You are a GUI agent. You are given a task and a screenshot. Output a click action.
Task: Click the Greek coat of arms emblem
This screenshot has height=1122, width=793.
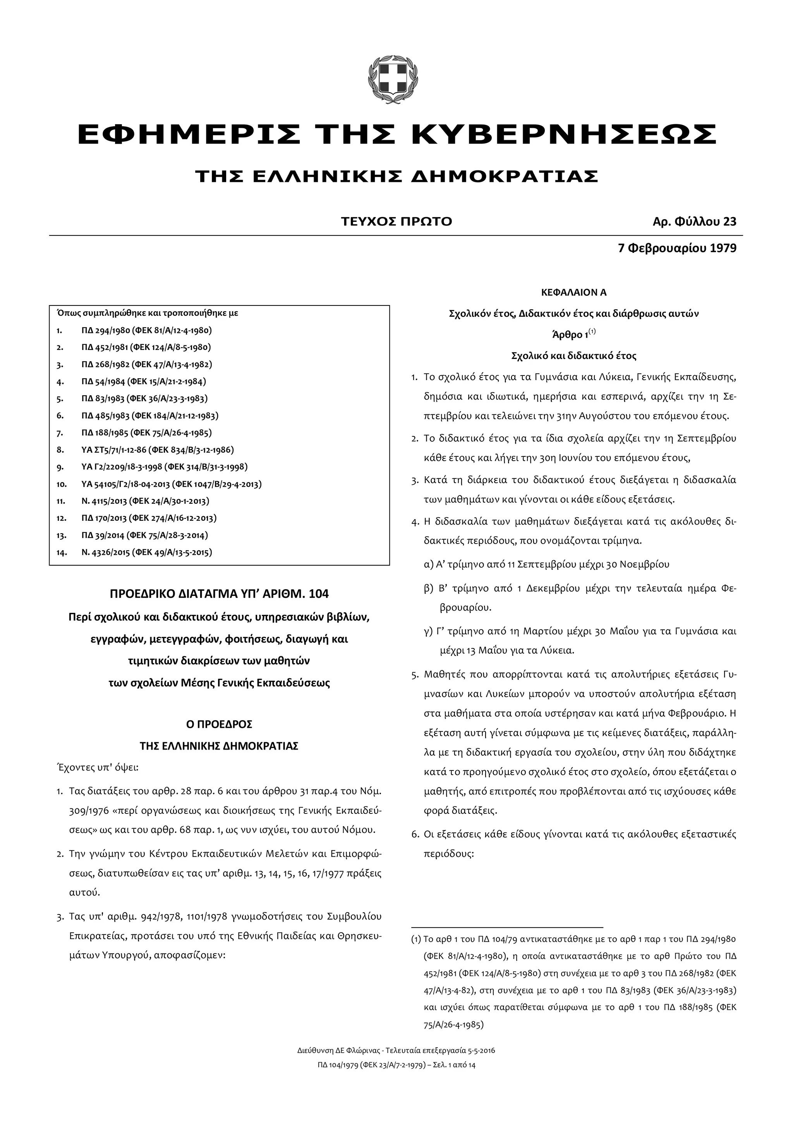[x=393, y=80]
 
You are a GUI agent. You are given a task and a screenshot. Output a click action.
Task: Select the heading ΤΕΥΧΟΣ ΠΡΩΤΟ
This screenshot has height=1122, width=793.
[x=396, y=222]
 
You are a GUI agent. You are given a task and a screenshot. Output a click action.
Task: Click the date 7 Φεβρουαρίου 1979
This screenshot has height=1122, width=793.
[x=677, y=248]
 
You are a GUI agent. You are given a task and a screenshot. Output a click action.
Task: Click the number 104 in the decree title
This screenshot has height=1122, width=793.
[x=319, y=594]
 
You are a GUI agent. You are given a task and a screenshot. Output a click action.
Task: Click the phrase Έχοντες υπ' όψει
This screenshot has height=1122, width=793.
[x=98, y=767]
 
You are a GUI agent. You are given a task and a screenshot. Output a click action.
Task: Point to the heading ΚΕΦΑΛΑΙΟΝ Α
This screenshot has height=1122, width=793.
[x=573, y=293]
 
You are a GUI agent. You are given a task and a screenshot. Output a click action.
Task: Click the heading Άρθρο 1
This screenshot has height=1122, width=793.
[x=569, y=335]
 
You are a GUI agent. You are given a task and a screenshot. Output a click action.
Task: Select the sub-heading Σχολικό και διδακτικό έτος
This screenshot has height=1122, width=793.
[x=573, y=356]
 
